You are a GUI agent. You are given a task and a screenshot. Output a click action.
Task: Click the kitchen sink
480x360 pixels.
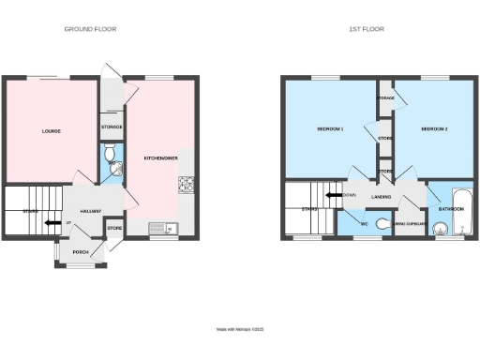click(x=160, y=226)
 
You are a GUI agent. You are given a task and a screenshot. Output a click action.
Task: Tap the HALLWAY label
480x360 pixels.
click(x=91, y=211)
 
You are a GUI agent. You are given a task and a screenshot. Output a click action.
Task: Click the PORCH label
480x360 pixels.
click(x=81, y=251)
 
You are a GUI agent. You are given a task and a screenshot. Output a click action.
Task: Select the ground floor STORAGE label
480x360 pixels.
click(x=112, y=127)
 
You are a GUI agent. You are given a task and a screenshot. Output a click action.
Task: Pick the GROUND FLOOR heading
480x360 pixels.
click(x=90, y=29)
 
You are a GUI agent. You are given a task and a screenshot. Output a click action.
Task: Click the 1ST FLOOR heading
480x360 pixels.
click(x=367, y=29)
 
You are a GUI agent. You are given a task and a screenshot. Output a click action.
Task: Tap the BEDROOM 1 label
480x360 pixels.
click(x=330, y=128)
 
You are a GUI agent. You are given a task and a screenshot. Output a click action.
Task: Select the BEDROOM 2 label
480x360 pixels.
click(x=434, y=128)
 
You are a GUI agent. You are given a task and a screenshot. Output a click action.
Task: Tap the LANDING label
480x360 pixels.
click(x=381, y=197)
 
